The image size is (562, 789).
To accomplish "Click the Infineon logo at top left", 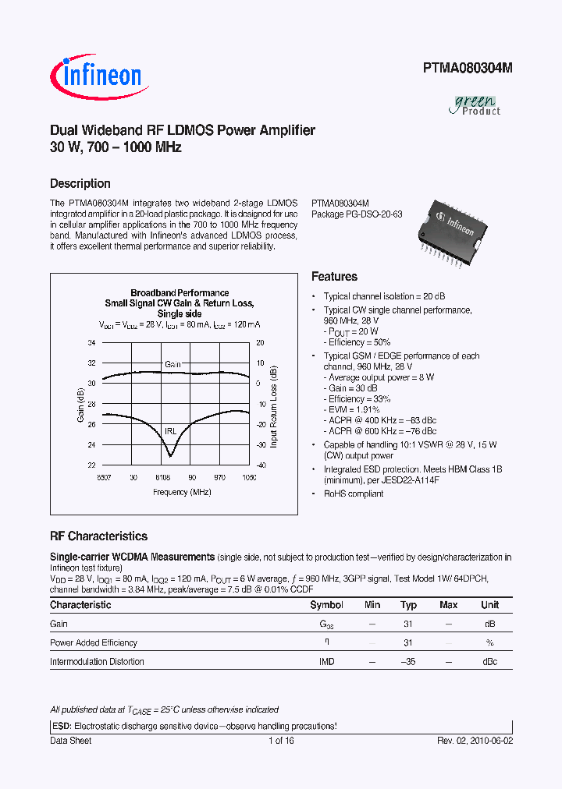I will (x=96, y=76).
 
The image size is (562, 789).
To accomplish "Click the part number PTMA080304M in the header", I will (x=468, y=68).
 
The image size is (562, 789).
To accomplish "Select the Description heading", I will (x=80, y=184).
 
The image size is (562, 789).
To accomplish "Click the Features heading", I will (x=334, y=277).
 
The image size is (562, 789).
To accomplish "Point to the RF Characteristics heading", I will (x=98, y=536).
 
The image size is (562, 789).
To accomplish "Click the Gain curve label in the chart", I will (x=173, y=364).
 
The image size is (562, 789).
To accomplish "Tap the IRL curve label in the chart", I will (x=169, y=430).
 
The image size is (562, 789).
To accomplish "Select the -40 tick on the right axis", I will (x=260, y=465).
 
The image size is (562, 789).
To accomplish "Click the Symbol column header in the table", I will (x=326, y=605).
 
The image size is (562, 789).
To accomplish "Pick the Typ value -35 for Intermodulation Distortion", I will (x=407, y=661).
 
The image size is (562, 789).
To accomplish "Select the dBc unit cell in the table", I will (x=489, y=661).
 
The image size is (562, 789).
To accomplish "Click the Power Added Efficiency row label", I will (x=94, y=642).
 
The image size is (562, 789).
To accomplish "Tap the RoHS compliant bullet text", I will (x=354, y=494).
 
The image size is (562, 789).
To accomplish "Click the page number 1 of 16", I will (x=280, y=741).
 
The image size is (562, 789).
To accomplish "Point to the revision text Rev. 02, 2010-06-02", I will (x=474, y=741).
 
